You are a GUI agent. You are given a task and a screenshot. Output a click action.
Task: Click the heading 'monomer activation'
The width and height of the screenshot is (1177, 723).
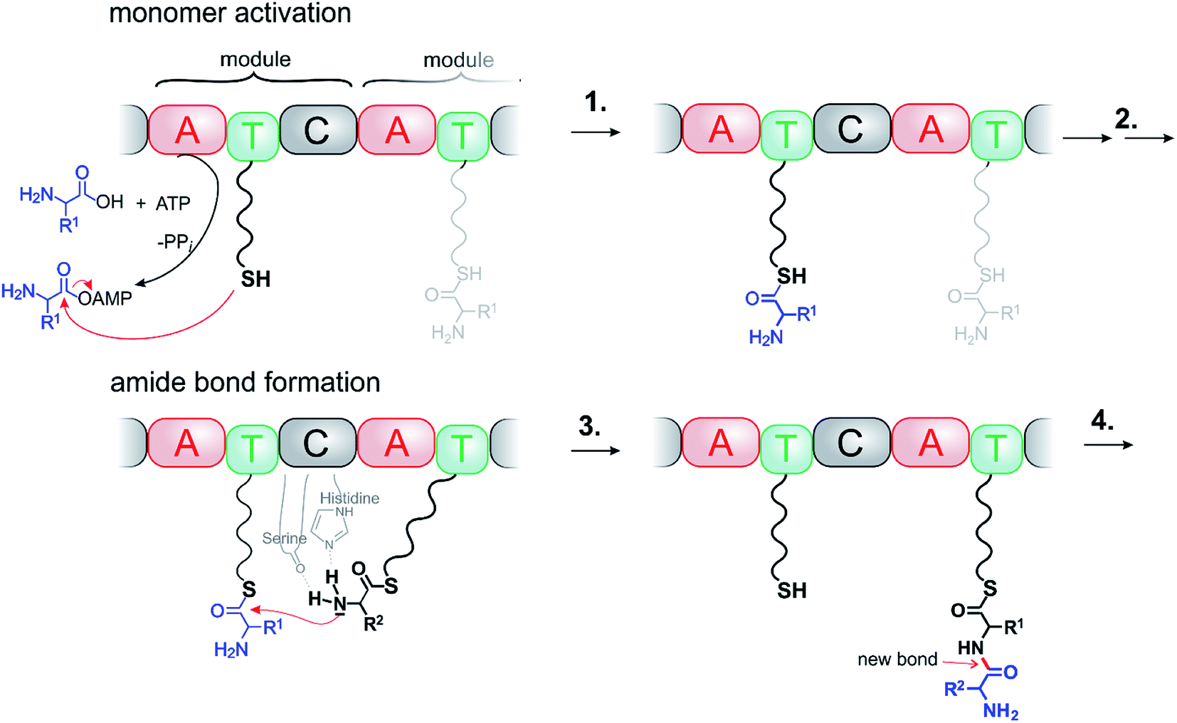(230, 14)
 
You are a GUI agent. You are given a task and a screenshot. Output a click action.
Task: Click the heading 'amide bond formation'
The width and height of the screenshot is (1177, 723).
(245, 382)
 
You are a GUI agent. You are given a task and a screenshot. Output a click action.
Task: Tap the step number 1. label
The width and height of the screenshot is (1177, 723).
(596, 103)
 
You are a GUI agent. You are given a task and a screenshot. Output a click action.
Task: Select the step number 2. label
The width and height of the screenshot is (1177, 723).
(1126, 119)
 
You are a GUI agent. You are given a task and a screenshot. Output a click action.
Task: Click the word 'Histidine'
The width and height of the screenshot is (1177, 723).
(349, 498)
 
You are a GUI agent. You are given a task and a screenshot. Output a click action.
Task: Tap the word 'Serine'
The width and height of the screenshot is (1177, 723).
(284, 538)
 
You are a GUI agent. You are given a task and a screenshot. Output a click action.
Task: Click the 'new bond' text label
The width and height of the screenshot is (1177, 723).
(897, 660)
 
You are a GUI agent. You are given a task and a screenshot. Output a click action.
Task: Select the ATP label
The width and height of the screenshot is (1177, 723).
(173, 204)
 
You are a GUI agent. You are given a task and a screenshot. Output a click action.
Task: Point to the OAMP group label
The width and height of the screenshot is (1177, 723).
(105, 299)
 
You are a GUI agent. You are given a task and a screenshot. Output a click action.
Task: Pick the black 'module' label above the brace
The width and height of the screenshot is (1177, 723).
(255, 59)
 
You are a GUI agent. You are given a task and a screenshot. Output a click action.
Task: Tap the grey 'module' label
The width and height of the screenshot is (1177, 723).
(458, 60)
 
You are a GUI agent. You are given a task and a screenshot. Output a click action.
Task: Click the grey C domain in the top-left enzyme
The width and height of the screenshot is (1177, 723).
(317, 130)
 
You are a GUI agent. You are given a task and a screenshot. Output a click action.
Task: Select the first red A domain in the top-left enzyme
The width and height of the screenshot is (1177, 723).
(186, 130)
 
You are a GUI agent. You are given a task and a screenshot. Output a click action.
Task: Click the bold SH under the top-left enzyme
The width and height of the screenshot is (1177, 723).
(255, 279)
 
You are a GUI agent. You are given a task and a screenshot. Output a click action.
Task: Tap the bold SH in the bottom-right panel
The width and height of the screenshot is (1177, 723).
(791, 590)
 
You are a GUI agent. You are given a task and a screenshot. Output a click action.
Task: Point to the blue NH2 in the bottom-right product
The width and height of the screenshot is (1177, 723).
(1001, 711)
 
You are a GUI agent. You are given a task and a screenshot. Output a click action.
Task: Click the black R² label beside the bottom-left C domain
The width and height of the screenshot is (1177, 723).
(374, 624)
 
